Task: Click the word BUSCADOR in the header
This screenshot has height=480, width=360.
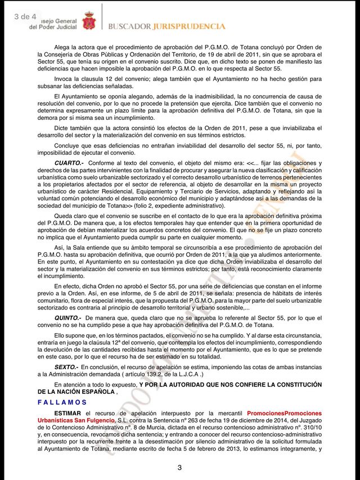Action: (129, 26)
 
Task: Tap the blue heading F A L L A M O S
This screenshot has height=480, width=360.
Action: (62, 402)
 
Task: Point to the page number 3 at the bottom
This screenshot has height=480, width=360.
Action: (179, 468)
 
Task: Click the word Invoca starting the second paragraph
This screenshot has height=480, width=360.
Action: (65, 79)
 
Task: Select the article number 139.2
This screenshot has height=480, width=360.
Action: (143, 374)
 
